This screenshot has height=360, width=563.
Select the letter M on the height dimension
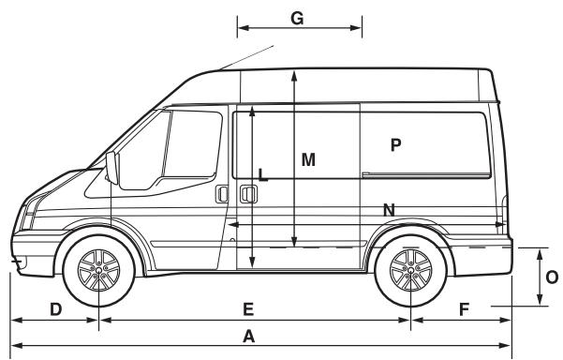pyautogui.click(x=308, y=160)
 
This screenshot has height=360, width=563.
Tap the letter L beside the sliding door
pyautogui.click(x=263, y=173)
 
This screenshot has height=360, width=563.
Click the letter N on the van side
pyautogui.click(x=388, y=210)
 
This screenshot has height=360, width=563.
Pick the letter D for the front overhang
pyautogui.click(x=55, y=308)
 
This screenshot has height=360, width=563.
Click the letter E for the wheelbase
pyautogui.click(x=248, y=308)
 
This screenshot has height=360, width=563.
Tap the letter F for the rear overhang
pyautogui.click(x=465, y=308)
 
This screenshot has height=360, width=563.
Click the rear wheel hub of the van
pyautogui.click(x=408, y=271)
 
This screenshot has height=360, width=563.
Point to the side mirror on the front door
pyautogui.click(x=114, y=169)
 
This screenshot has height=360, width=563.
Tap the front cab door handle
pyautogui.click(x=222, y=194)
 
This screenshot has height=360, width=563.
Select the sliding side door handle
pyautogui.click(x=246, y=194)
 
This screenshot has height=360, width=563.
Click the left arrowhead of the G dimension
pyautogui.click(x=240, y=28)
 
